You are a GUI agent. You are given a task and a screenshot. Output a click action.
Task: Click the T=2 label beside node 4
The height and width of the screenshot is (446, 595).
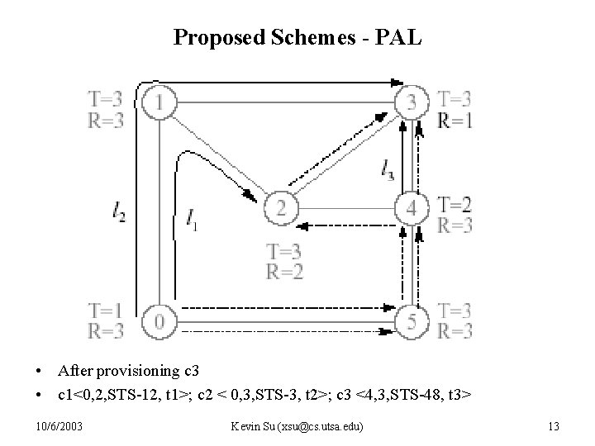[x=455, y=204]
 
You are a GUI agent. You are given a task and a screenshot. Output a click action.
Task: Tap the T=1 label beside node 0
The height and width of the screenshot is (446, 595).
[x=106, y=311]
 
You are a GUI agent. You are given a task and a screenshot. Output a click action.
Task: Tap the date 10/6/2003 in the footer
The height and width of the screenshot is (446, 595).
[x=59, y=426]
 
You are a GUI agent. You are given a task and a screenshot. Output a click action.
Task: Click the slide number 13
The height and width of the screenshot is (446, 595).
[x=554, y=426]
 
